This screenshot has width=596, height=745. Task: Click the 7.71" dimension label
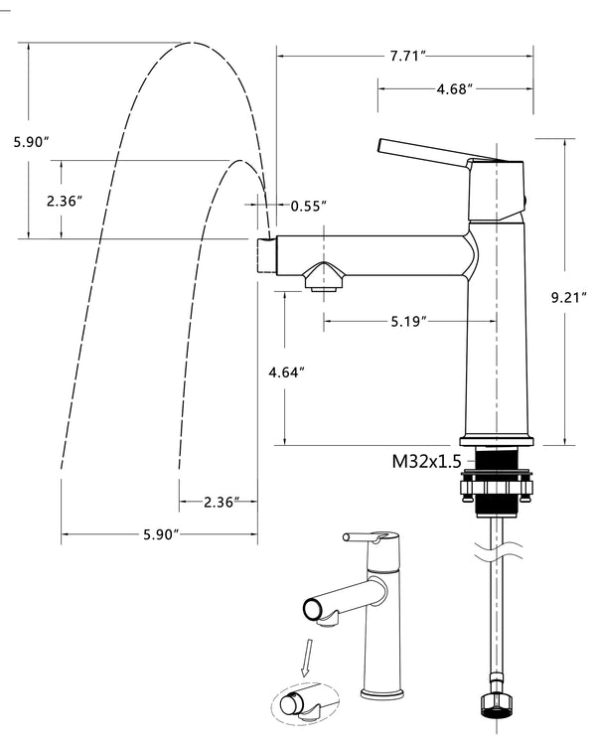(x=408, y=58)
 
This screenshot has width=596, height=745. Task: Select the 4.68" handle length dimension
(x=454, y=89)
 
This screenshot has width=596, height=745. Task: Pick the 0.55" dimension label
(x=309, y=206)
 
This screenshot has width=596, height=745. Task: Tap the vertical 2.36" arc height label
(x=65, y=200)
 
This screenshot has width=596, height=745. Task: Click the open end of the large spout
(x=264, y=255)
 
